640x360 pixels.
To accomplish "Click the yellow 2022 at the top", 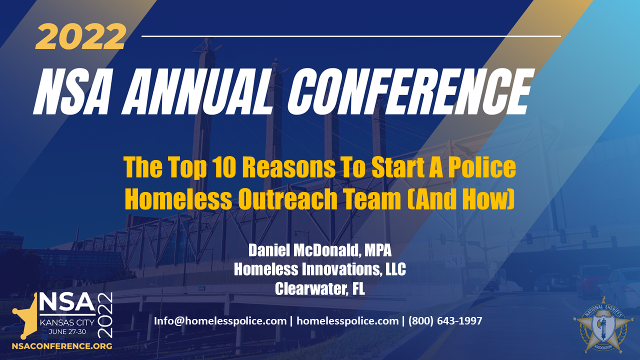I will click(80, 37).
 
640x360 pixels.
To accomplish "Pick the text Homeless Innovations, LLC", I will click(320, 269).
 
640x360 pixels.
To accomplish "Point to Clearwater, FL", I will click(320, 288).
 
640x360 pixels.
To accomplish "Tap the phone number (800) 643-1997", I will click(445, 321).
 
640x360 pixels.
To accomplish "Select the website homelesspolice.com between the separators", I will click(347, 321).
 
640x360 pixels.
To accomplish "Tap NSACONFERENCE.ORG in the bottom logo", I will click(62, 345).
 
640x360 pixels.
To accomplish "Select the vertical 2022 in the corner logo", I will click(106, 314).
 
